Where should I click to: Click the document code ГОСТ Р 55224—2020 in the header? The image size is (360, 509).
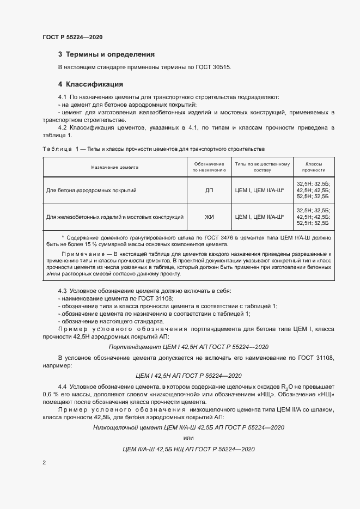point(72,38)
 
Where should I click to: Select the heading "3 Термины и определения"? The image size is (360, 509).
point(106,54)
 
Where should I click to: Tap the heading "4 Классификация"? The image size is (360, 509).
point(90,84)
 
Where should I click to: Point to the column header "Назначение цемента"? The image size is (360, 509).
point(115,167)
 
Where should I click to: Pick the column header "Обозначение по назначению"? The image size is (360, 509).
point(209,167)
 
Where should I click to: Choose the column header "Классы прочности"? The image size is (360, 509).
point(314,167)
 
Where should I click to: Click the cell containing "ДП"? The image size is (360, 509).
point(209,191)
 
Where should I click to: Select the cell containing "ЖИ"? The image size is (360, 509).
point(209,217)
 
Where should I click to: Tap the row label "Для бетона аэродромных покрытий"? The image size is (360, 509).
point(91,191)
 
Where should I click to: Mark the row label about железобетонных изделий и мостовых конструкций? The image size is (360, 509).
point(115,217)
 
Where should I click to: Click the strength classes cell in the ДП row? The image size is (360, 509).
point(314,191)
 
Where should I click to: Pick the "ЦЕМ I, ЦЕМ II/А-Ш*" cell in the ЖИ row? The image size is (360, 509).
point(259,217)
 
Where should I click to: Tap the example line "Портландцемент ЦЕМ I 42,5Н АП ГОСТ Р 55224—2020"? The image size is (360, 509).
point(188,346)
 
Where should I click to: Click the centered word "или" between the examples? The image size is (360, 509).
point(188,438)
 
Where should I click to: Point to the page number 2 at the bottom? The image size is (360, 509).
point(44,463)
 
